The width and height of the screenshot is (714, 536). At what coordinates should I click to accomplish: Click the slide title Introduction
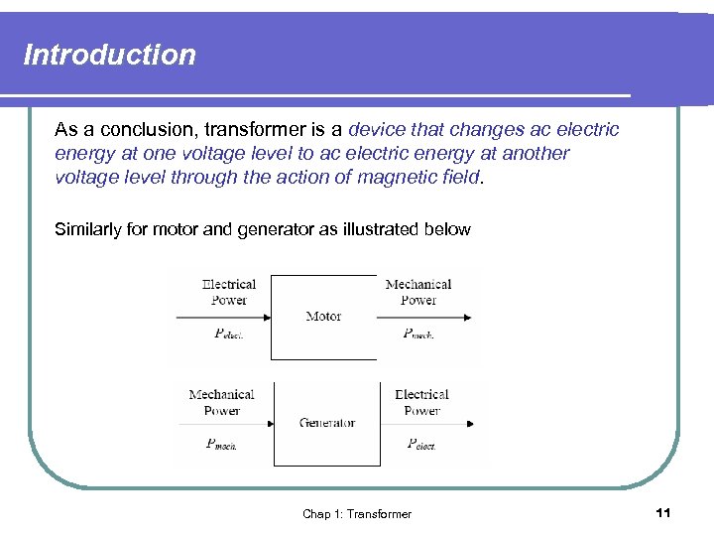pos(109,55)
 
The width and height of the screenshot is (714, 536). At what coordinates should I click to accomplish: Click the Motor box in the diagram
pos(323,317)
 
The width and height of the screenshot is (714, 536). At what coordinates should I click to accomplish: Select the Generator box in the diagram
pos(326,423)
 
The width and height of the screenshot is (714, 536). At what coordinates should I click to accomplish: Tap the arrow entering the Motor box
pos(224,318)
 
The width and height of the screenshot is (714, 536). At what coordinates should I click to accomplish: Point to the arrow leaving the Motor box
pos(423,318)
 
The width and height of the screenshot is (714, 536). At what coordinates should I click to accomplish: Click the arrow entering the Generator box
pos(225,425)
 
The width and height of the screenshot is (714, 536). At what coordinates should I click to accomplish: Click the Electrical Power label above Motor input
pos(229,292)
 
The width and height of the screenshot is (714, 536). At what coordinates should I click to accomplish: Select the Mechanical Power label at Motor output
pos(417,292)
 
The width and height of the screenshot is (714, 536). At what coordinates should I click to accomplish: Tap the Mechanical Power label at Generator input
pos(221,402)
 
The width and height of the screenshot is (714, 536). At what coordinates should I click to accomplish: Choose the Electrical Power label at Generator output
pos(421,402)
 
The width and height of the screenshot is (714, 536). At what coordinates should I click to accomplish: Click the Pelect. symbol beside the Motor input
pos(229,335)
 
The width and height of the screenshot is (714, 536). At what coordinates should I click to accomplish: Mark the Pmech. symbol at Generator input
pos(221,444)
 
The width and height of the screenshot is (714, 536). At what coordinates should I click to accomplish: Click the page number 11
pos(663,512)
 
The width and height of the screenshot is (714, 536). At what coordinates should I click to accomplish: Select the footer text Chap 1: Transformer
pos(357,513)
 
